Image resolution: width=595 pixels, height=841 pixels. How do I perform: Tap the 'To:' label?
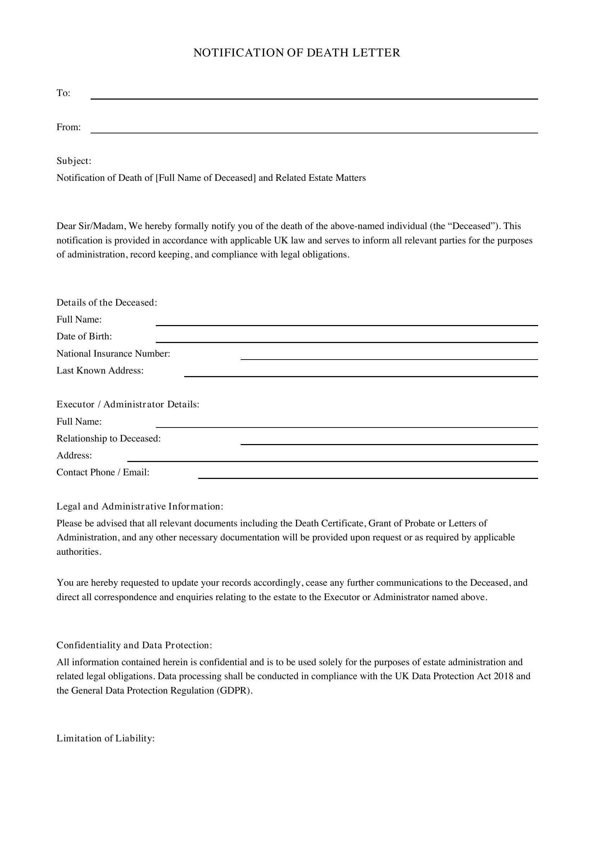pos(63,93)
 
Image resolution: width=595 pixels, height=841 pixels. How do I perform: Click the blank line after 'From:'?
pos(314,130)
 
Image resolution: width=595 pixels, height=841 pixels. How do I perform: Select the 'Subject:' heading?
pos(74,161)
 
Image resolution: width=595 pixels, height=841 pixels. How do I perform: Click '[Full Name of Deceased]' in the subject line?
pos(205,178)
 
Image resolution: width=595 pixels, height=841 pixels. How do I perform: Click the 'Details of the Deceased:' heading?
pos(106,302)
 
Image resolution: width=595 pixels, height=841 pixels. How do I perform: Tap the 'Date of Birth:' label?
pos(84,336)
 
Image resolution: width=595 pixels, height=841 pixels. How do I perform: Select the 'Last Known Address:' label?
pos(100,371)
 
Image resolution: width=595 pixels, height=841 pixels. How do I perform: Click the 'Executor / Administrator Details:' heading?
pos(128,404)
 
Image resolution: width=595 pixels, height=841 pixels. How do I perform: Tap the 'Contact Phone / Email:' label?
pos(103,472)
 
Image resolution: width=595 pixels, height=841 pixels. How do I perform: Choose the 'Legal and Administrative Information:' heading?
pos(140,507)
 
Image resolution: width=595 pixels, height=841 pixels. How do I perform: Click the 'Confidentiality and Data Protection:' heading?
pos(134,645)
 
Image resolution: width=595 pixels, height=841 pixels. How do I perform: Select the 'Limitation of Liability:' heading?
pos(105,739)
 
